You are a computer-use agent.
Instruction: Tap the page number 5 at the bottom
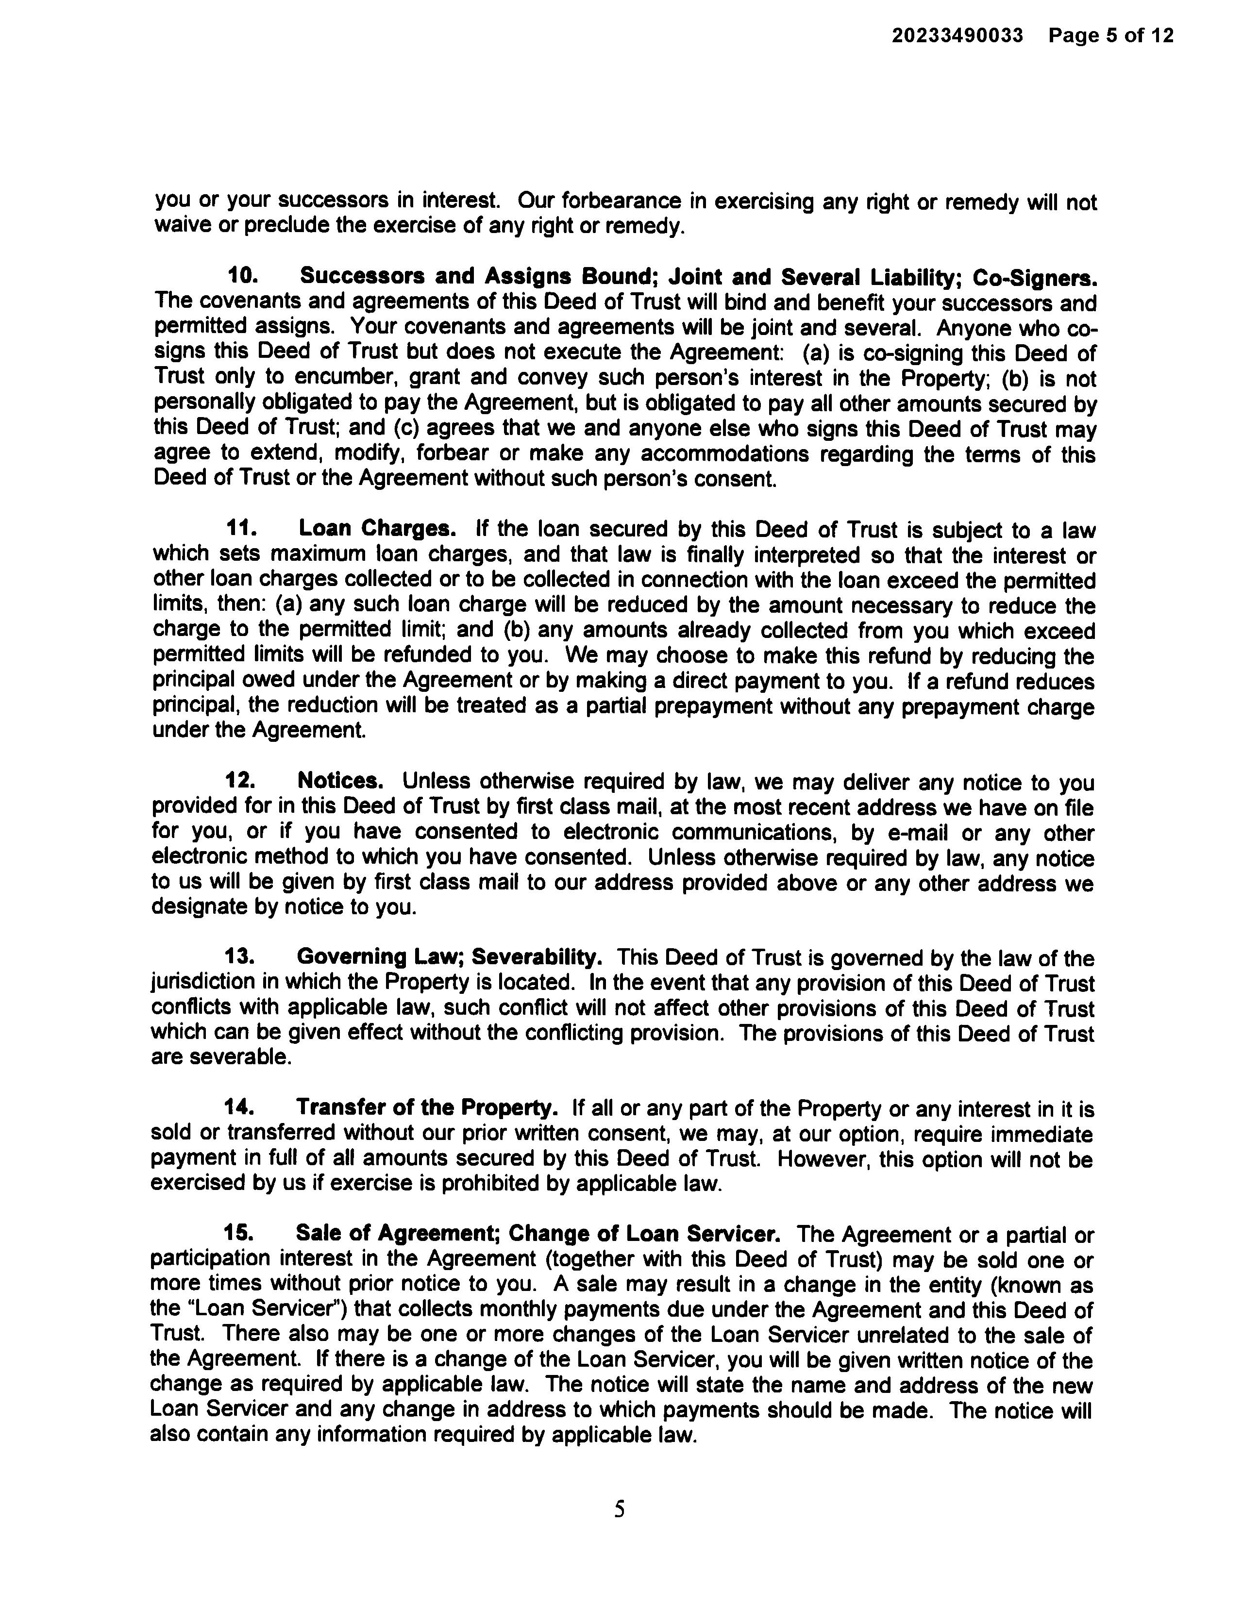click(x=619, y=1509)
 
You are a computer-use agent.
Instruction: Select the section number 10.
click(x=242, y=276)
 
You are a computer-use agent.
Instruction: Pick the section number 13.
click(x=239, y=956)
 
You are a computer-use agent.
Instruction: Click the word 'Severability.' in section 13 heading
click(x=537, y=956)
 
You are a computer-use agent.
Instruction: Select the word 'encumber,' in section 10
click(x=342, y=377)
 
